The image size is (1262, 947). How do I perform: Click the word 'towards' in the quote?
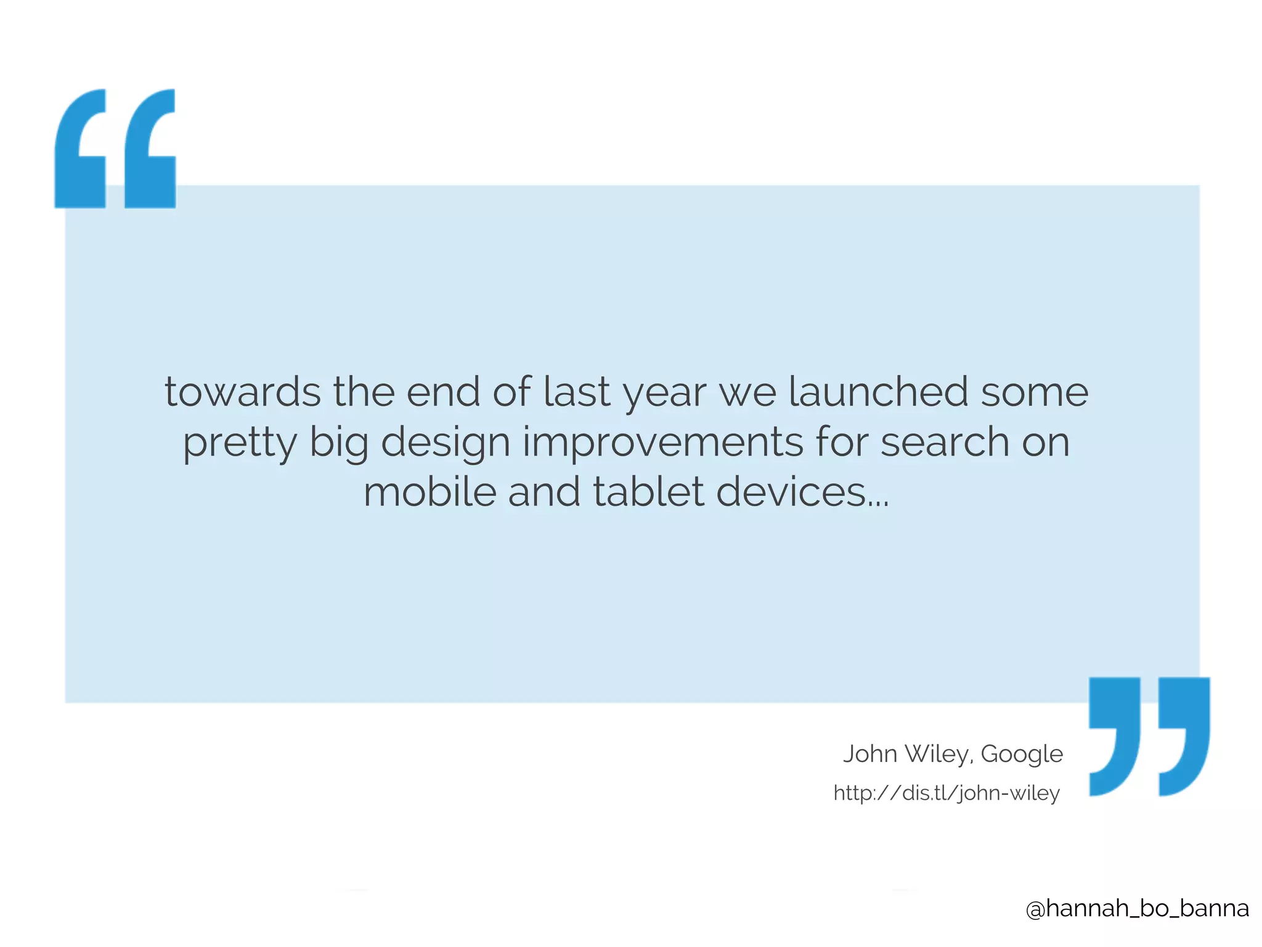pos(242,393)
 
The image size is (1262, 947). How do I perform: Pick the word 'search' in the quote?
pos(944,443)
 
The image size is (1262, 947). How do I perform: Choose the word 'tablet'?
pos(648,493)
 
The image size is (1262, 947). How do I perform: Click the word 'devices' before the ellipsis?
pos(791,493)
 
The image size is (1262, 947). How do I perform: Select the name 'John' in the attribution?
pos(869,754)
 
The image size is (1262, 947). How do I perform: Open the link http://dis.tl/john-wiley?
pos(946,793)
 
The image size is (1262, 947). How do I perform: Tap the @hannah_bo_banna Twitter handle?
pos(1138,908)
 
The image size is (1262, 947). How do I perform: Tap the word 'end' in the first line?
pos(443,393)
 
